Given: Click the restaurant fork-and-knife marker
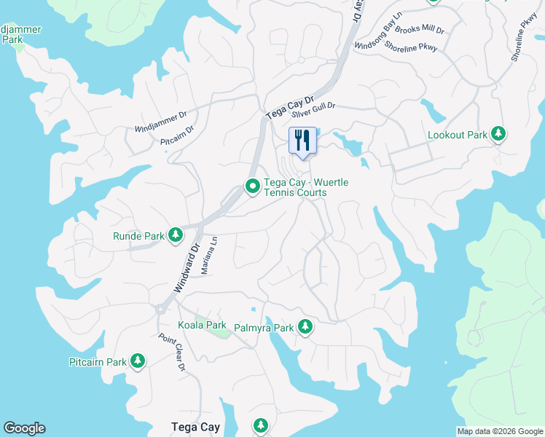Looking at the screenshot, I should point(302,139).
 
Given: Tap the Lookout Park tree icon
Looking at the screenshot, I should point(498,134).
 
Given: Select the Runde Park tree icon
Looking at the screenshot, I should point(175,235).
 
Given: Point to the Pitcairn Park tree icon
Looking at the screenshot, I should point(137,361).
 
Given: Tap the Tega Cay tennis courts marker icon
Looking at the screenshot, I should point(253,186).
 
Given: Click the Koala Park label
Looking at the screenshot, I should point(203,325).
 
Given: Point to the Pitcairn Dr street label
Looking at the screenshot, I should point(177,135).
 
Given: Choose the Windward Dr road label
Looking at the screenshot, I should point(186,267).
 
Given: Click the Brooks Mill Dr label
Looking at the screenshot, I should point(420,32).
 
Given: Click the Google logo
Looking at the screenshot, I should point(24,428).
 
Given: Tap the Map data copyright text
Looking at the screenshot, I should point(499,431).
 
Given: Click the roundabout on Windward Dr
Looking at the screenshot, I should point(160,309).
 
